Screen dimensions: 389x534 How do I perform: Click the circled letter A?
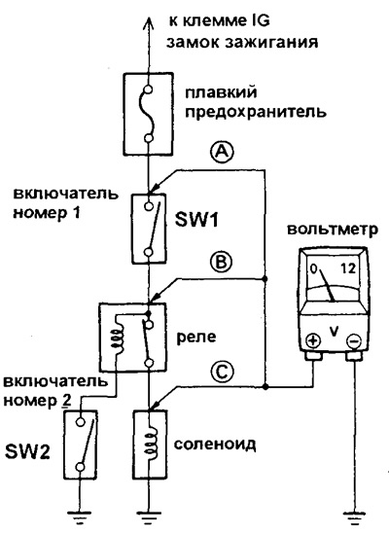[x=222, y=153]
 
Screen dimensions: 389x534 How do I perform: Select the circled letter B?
[x=221, y=263]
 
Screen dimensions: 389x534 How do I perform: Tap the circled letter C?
[x=222, y=372]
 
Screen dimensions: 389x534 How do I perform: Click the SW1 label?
[x=196, y=220]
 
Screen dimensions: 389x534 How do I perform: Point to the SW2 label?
[x=28, y=452]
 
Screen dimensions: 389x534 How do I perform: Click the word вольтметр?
[x=333, y=230]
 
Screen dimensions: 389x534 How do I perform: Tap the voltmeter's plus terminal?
[x=314, y=340]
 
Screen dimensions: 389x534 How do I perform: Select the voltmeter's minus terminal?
[x=354, y=340]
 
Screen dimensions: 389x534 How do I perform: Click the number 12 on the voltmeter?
[x=348, y=268]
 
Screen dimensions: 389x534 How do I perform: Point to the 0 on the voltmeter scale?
[x=313, y=269]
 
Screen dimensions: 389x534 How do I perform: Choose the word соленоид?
[x=215, y=445]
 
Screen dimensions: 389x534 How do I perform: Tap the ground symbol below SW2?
[x=80, y=518]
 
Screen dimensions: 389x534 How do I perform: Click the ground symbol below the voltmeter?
[x=355, y=518]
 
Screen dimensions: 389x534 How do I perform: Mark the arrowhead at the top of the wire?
[x=149, y=22]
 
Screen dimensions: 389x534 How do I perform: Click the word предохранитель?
[x=256, y=113]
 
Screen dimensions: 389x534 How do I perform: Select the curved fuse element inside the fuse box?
[x=147, y=114]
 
